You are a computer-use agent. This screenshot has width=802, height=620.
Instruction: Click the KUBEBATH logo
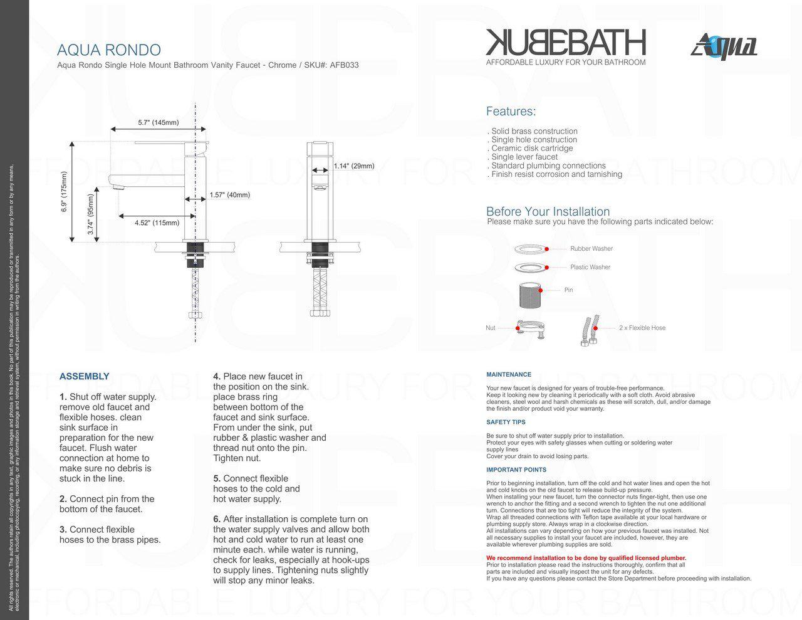point(566,43)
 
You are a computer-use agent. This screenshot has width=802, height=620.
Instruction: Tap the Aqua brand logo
point(724,46)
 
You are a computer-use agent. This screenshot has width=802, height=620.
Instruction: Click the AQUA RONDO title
point(109,50)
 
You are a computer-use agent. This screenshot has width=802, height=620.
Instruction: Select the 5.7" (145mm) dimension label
point(158,123)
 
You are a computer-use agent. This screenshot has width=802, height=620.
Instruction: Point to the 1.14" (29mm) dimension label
point(354,166)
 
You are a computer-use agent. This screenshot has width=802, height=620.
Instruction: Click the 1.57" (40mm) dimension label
point(229,195)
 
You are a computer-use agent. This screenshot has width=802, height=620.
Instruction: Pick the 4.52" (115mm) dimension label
point(157,223)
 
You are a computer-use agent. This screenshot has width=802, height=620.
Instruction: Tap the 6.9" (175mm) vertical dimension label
point(64,192)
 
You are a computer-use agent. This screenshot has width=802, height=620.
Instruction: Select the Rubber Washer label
point(591,249)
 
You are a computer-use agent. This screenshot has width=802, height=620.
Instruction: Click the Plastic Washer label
point(590,267)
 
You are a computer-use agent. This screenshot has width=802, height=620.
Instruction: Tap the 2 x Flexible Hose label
point(642,328)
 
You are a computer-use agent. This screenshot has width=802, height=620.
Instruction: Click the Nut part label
point(490,328)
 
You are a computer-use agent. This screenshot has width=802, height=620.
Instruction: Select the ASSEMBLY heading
point(84,377)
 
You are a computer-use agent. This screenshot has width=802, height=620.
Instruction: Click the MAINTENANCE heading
point(509,375)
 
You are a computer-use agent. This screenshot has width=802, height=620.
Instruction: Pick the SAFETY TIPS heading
point(506,423)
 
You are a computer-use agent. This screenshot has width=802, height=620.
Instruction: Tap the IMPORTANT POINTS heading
point(516,470)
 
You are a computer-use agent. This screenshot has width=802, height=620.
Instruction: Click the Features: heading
point(511,112)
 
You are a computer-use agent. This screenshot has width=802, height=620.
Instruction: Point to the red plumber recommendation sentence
point(586,558)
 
